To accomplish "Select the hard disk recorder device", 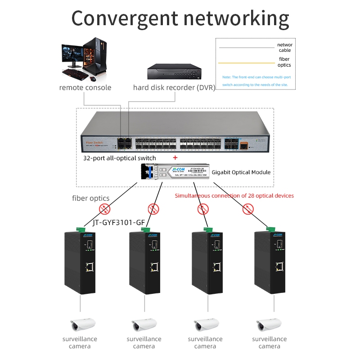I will (x=174, y=72).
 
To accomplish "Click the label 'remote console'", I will (x=85, y=87).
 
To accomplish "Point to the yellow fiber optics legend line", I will (x=246, y=63).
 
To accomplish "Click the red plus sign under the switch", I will (x=175, y=158).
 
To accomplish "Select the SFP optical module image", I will (x=175, y=171).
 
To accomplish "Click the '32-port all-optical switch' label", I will (x=120, y=158).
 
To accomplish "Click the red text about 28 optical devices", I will (x=234, y=196).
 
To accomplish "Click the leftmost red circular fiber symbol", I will (x=105, y=208).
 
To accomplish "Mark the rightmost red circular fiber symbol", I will (x=247, y=208).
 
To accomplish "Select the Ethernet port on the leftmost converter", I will (x=90, y=267).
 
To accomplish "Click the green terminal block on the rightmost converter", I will (x=271, y=229).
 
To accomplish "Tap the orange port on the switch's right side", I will (x=243, y=146).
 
